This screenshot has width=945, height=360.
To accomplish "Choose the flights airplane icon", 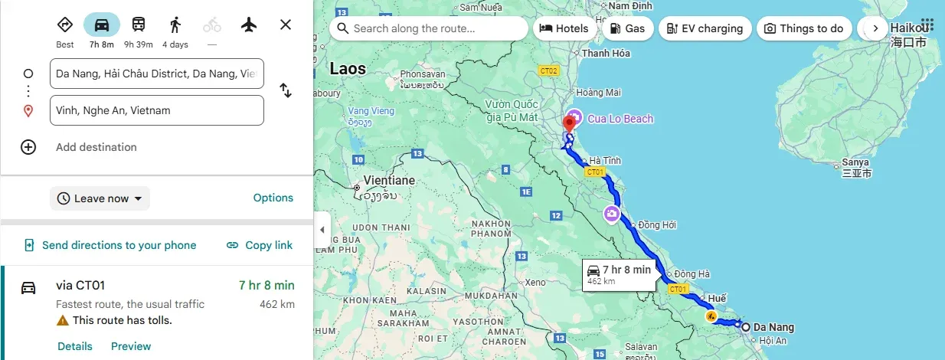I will [248, 25].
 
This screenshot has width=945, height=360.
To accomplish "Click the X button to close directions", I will [286, 25].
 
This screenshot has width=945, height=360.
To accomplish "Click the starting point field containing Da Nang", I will [156, 74].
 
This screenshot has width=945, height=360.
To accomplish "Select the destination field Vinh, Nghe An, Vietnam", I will [156, 110].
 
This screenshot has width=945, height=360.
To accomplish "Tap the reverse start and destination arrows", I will [286, 90].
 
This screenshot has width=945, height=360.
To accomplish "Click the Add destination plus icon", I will [28, 147].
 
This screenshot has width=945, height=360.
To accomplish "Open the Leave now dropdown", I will [100, 198].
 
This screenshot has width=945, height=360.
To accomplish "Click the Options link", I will [273, 198].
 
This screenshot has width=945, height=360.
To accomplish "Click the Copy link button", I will [260, 245].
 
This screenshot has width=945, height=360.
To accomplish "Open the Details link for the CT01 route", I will [75, 346].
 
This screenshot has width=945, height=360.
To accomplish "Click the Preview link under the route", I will [131, 346].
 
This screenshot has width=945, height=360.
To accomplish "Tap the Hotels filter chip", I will [564, 28].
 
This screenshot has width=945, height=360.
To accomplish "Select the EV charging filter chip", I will [705, 28].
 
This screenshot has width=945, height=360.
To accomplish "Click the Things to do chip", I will [803, 28].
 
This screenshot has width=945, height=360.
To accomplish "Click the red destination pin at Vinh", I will [570, 124].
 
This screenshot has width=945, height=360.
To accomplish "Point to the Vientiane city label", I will [389, 181].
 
